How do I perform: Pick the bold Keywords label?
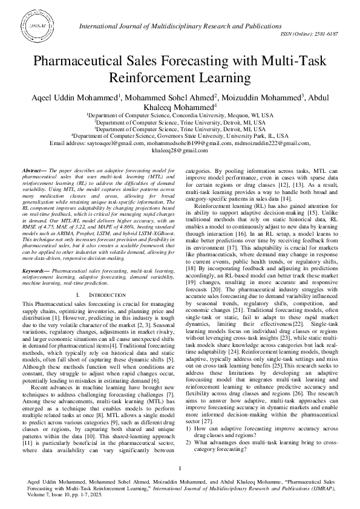point(36,272)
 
